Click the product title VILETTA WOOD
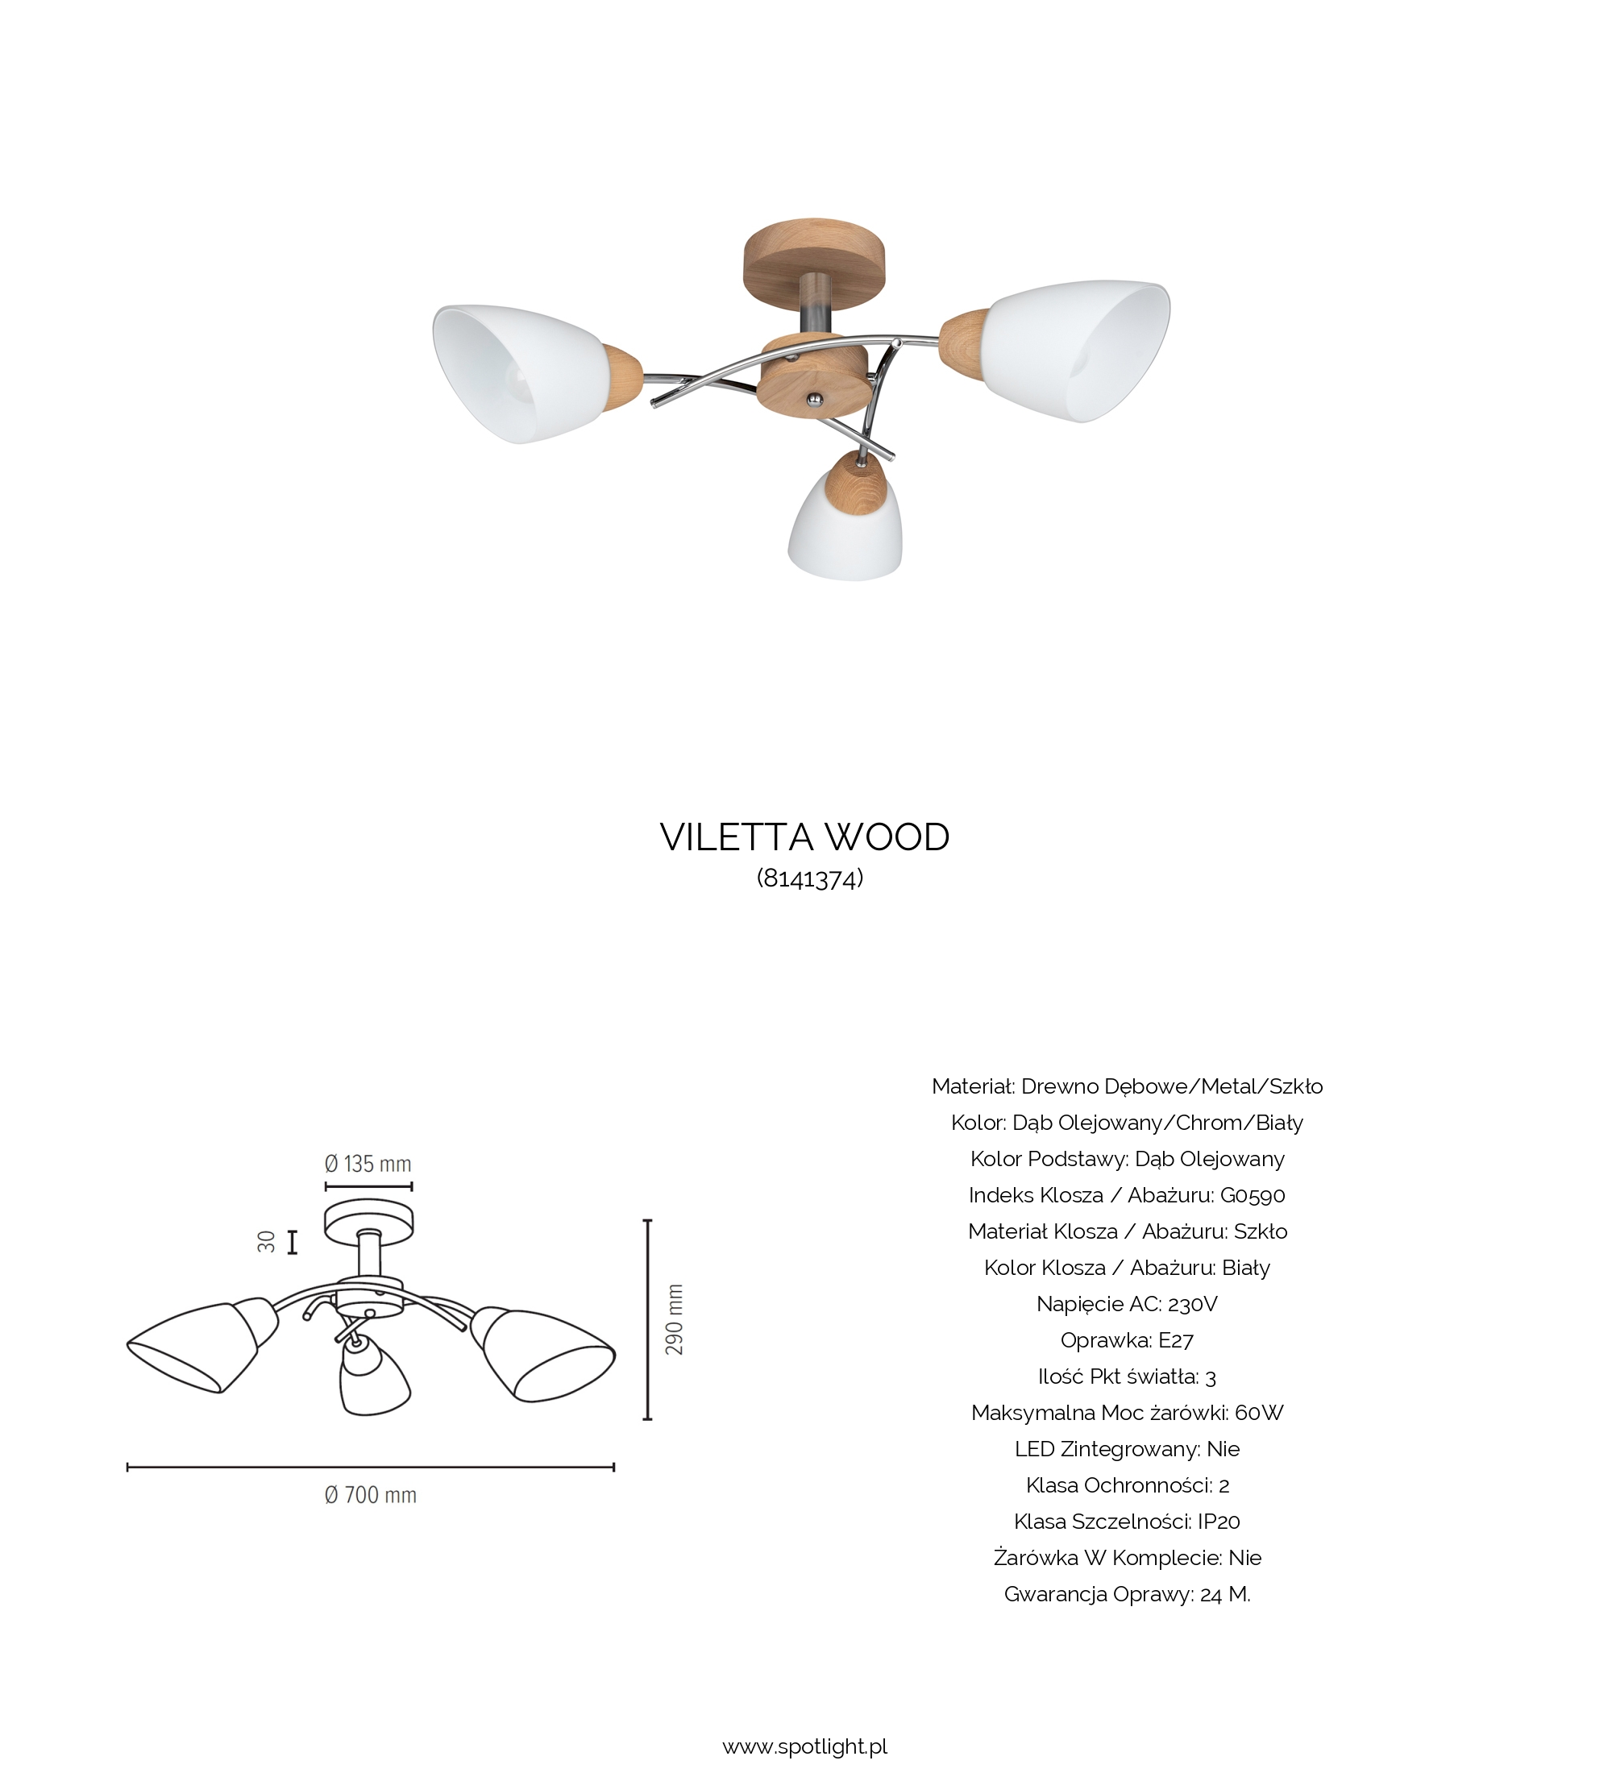(804, 837)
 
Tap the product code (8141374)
(810, 878)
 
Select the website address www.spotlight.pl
(804, 1746)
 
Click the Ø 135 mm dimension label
(368, 1164)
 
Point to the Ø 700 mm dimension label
(370, 1495)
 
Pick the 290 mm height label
(675, 1319)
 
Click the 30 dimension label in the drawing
(267, 1242)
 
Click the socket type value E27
(1176, 1340)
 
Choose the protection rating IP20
(1219, 1522)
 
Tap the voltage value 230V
(1193, 1304)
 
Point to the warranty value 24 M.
(1225, 1594)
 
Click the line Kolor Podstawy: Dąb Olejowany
(1128, 1159)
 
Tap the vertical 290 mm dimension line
(647, 1319)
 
